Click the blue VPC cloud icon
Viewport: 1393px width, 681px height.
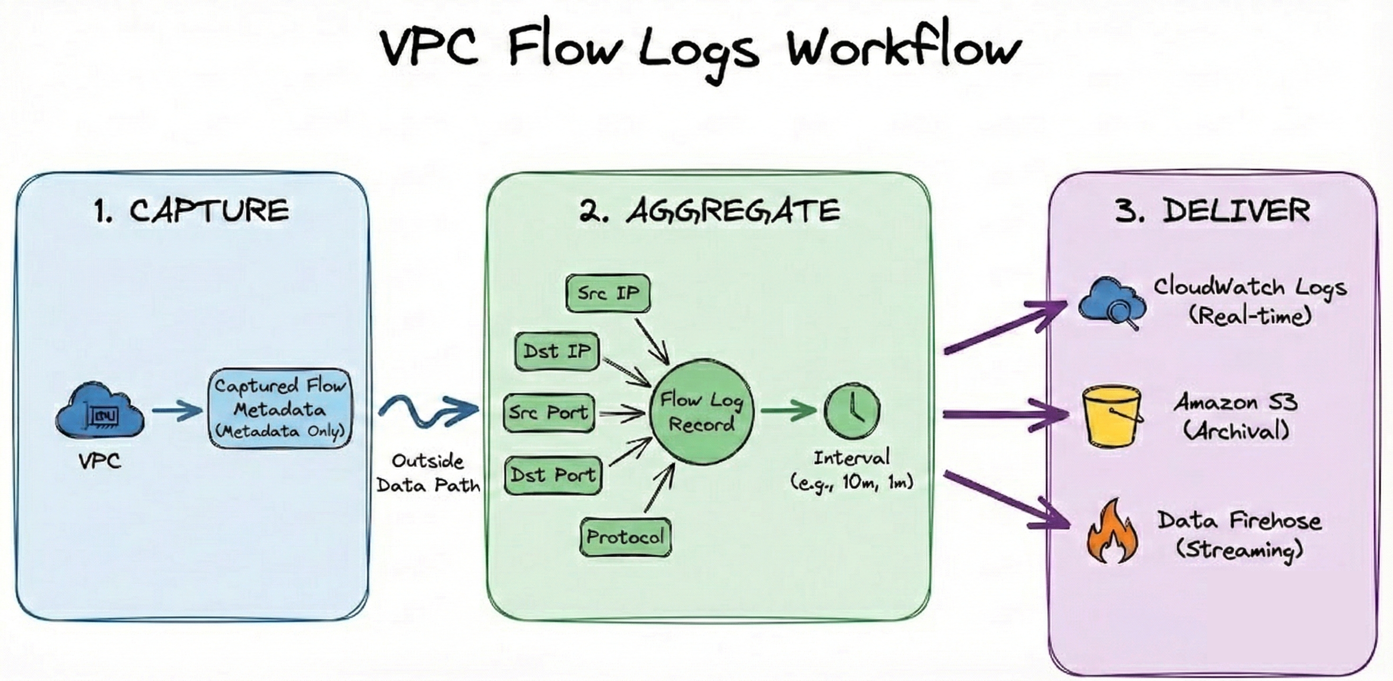(x=100, y=412)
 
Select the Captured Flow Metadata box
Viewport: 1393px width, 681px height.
(x=280, y=409)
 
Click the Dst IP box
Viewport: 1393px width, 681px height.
(x=557, y=351)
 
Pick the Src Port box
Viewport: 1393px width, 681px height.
(x=549, y=413)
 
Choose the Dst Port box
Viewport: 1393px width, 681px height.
(x=553, y=475)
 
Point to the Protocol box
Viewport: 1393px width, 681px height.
(x=625, y=537)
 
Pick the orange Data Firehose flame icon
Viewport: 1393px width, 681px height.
(x=1112, y=533)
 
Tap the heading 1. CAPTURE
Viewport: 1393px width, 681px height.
(x=192, y=211)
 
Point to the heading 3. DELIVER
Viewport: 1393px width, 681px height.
(x=1212, y=211)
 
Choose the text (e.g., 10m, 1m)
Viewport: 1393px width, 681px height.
(x=852, y=482)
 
